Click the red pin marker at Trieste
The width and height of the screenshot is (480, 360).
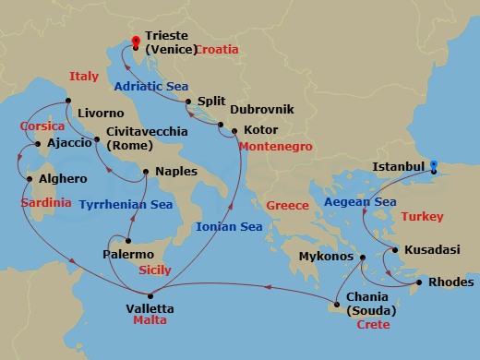coord(137,42)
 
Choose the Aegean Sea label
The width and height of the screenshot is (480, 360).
coord(359,200)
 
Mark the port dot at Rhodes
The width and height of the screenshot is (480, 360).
coord(419,282)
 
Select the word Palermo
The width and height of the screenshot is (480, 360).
coord(127,253)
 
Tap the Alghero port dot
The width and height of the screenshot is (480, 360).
coord(29,178)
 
